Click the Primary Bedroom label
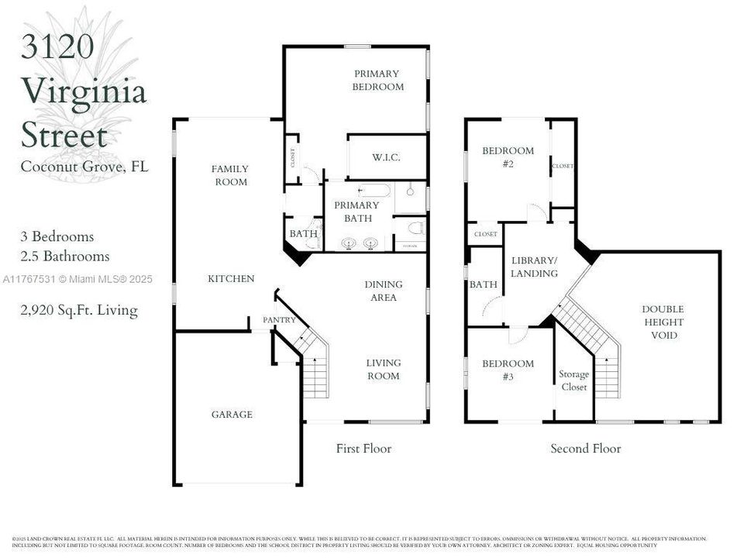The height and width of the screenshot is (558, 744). [x=377, y=81]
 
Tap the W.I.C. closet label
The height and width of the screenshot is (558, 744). [x=386, y=157]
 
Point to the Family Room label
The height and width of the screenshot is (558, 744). [x=231, y=175]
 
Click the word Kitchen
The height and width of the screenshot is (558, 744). [x=231, y=278]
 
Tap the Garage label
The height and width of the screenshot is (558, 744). [x=232, y=415]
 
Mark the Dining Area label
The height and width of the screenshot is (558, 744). [x=383, y=291]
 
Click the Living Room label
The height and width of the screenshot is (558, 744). [x=383, y=369]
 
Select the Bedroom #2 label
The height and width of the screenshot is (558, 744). [x=508, y=157]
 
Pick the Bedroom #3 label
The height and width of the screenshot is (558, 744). [x=508, y=370]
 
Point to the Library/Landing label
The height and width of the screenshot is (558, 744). [x=534, y=267]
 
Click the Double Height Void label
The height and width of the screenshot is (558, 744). [x=663, y=322]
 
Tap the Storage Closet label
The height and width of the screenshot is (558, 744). [x=573, y=381]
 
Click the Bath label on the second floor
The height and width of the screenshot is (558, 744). [x=483, y=284]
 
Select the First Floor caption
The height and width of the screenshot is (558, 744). [x=363, y=449]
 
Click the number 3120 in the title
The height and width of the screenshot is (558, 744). [x=57, y=47]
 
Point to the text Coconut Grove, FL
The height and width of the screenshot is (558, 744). [x=84, y=166]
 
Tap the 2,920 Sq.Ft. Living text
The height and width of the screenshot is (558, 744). [x=79, y=311]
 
